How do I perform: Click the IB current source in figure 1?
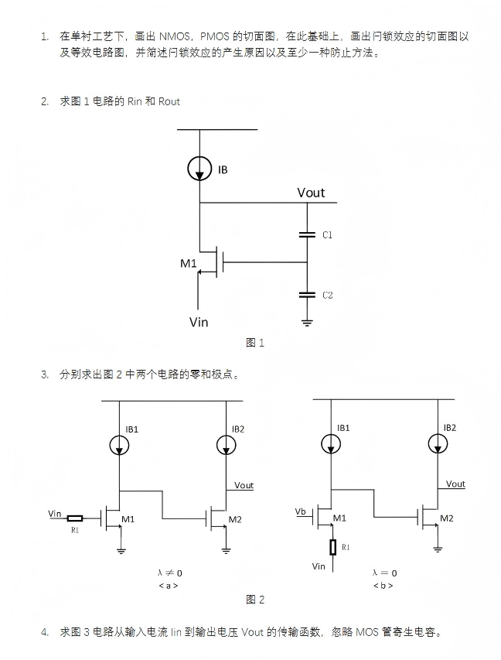(x=199, y=169)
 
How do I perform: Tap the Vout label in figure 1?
(x=311, y=193)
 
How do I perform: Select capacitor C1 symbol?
(x=307, y=235)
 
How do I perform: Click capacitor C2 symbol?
(x=307, y=295)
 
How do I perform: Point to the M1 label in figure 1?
(x=189, y=264)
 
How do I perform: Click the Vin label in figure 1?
(x=199, y=323)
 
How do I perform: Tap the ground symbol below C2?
(x=307, y=323)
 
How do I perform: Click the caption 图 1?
(x=255, y=343)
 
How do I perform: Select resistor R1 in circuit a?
(x=75, y=518)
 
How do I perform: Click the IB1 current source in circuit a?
(x=120, y=445)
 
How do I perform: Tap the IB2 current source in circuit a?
(x=227, y=445)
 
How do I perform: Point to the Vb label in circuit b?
(x=300, y=511)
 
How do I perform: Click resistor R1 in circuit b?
(x=332, y=547)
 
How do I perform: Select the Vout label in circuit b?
(x=455, y=484)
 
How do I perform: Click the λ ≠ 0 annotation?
(x=169, y=573)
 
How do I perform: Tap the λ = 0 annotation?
(x=384, y=573)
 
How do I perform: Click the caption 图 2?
(x=255, y=600)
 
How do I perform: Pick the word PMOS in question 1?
(x=214, y=36)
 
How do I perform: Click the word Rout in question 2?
(x=169, y=101)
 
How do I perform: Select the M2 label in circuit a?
(x=235, y=519)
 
